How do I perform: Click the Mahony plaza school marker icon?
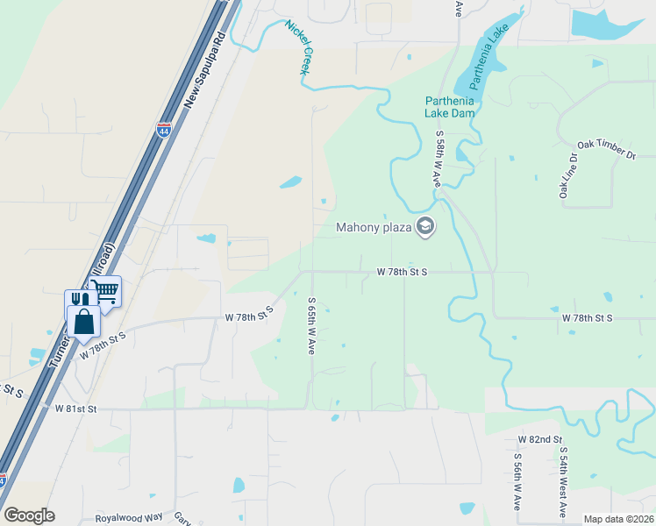click(x=425, y=227)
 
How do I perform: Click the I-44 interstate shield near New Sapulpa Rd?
click(x=163, y=131)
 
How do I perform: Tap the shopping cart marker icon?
click(x=106, y=290)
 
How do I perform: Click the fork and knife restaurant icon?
click(x=80, y=300)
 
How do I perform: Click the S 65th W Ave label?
click(x=310, y=325)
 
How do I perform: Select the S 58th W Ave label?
click(x=437, y=159)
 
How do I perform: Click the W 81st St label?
click(x=75, y=409)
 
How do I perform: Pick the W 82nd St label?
click(x=539, y=438)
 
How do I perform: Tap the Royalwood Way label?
click(x=130, y=518)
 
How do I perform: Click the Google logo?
click(x=29, y=515)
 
